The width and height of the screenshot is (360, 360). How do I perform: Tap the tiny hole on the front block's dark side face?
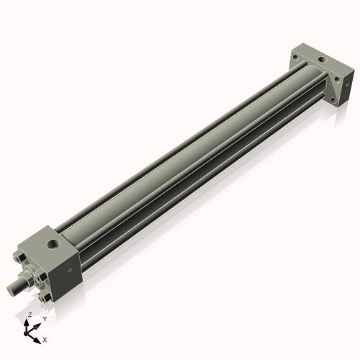coord(70,271)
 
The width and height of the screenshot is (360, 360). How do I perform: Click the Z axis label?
coord(30,315)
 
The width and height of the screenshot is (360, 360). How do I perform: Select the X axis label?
coord(45,338)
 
